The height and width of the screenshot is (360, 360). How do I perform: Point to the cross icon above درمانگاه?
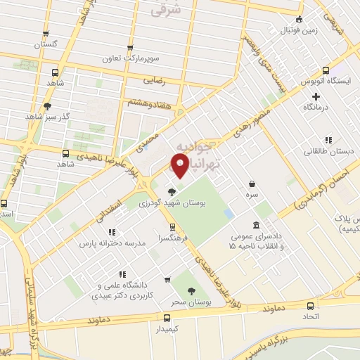[316, 96]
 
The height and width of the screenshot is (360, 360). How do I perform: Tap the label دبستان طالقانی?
[324, 150]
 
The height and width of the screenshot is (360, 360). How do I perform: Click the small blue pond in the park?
[229, 212]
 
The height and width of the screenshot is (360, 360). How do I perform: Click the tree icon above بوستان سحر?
[191, 290]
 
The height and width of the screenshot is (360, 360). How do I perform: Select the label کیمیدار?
[167, 328]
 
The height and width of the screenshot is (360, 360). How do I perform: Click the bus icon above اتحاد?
[310, 306]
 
